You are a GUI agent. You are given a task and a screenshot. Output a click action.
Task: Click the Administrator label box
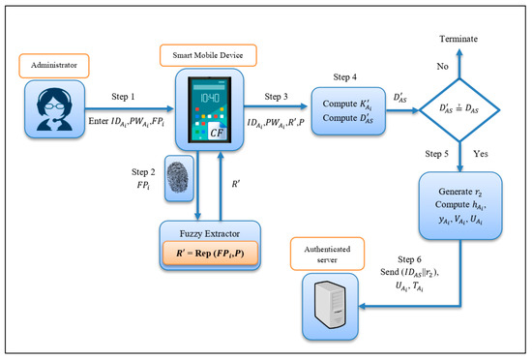click(54, 66)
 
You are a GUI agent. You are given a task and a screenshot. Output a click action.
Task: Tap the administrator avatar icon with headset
click(54, 109)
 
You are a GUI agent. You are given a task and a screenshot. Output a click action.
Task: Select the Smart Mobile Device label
click(208, 55)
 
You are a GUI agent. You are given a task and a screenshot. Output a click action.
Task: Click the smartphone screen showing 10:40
click(210, 109)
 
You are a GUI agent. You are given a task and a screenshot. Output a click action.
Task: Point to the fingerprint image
click(179, 178)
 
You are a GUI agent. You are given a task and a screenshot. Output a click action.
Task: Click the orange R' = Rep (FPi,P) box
click(210, 254)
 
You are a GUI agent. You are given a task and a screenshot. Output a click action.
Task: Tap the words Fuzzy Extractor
click(210, 234)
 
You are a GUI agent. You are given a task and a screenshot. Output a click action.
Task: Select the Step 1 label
click(123, 97)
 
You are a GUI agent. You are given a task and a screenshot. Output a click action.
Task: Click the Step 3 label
click(276, 97)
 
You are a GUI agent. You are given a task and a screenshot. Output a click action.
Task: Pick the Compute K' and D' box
click(348, 111)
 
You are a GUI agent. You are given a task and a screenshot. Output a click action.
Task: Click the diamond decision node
click(459, 110)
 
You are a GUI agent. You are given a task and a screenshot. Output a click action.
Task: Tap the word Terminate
click(458, 39)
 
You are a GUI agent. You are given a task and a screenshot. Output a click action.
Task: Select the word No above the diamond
click(442, 67)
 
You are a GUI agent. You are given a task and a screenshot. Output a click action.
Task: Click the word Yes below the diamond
click(481, 154)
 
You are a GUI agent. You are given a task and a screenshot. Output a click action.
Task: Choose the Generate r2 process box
click(460, 205)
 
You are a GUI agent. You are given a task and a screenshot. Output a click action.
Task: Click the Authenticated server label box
click(327, 254)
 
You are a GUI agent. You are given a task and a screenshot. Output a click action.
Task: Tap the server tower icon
click(330, 304)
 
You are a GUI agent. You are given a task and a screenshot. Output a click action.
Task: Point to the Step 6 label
click(409, 259)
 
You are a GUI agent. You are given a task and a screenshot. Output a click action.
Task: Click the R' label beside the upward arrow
click(236, 184)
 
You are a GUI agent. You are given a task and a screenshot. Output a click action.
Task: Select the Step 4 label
click(344, 77)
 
